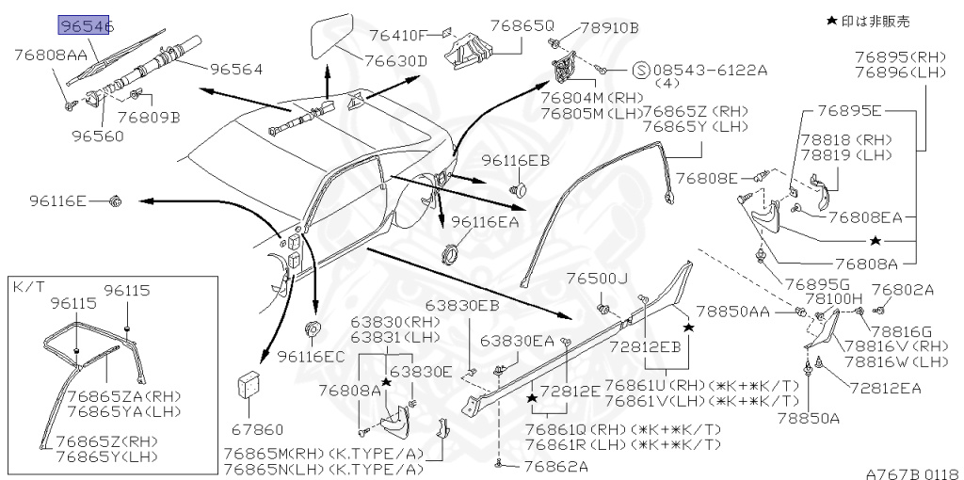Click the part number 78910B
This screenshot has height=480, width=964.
[x=608, y=27]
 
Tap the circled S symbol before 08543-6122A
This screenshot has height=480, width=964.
[x=639, y=70]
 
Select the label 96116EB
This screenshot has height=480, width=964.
[x=515, y=161]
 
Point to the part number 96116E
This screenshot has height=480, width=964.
[x=57, y=200]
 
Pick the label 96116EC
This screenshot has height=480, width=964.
[x=311, y=357]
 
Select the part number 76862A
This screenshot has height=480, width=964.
[x=555, y=466]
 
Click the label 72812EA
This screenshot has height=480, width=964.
[x=884, y=387]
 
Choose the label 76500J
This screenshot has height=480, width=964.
[x=596, y=279]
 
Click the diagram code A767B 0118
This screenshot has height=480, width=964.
[x=910, y=468]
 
